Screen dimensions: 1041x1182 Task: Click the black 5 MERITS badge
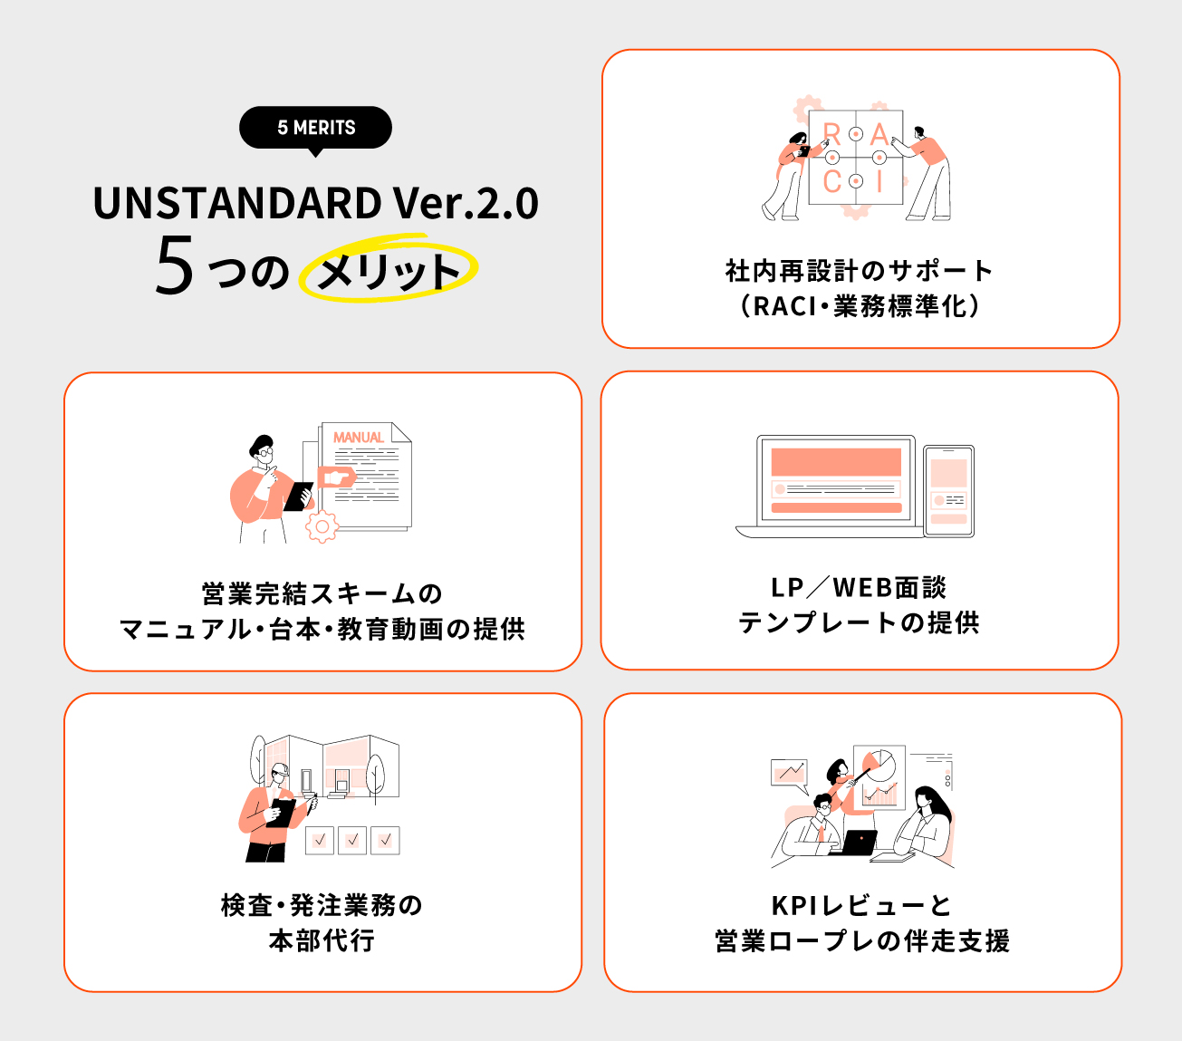(x=315, y=128)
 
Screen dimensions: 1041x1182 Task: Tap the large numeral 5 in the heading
(x=174, y=266)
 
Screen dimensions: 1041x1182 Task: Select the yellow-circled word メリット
(x=389, y=271)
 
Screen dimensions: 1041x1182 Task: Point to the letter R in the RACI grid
(x=831, y=135)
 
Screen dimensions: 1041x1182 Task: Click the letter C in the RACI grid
(x=831, y=182)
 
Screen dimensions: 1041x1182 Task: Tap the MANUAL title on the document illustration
(x=359, y=438)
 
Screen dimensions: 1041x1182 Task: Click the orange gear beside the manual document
(x=322, y=525)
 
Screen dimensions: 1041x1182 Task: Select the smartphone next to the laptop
(x=948, y=490)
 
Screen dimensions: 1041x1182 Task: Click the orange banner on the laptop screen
(x=836, y=462)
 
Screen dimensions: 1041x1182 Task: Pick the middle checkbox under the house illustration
(x=352, y=840)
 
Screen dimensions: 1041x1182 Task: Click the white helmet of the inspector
(x=279, y=768)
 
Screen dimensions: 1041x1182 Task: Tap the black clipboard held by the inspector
(x=282, y=813)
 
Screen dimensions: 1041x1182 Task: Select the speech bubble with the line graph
(x=789, y=773)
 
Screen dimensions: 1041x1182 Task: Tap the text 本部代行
(x=322, y=940)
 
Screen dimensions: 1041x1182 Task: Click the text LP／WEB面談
(x=859, y=588)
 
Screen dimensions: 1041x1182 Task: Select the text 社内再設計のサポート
(x=859, y=270)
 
